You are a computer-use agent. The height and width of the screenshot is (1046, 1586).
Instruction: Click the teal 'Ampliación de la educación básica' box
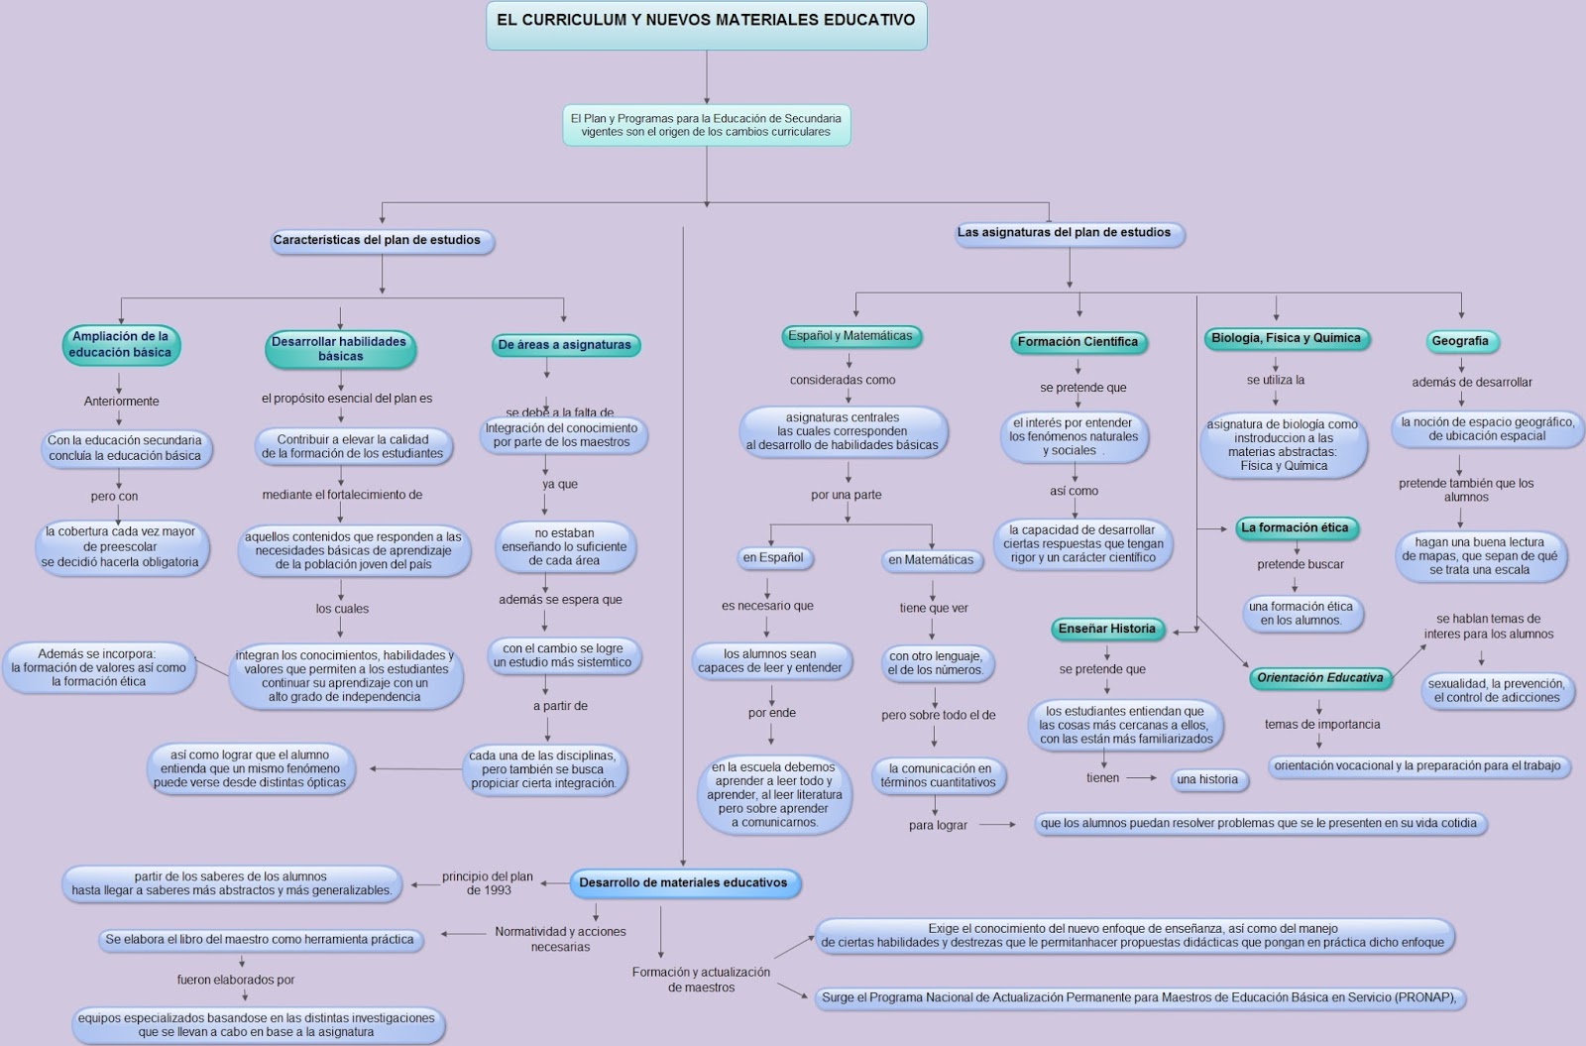point(121,345)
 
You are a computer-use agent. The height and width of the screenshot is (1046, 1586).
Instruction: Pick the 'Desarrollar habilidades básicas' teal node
point(340,349)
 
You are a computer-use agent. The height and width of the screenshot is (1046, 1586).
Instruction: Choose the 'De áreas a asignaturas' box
point(565,345)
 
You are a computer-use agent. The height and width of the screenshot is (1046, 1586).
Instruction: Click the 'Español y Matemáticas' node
point(850,336)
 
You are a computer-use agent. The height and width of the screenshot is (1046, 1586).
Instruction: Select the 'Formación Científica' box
point(1078,342)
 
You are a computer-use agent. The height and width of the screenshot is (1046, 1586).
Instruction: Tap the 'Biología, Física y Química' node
point(1286,339)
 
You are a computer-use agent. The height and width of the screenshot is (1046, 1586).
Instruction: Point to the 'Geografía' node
point(1460,341)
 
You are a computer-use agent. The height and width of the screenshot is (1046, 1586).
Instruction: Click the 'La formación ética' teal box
point(1295,528)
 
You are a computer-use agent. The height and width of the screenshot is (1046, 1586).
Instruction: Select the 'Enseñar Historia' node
point(1107,629)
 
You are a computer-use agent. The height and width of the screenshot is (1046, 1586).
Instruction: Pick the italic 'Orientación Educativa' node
point(1319,678)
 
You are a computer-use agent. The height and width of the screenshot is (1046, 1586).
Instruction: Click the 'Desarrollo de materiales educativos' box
point(684,882)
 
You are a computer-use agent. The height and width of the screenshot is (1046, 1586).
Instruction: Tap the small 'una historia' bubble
point(1207,779)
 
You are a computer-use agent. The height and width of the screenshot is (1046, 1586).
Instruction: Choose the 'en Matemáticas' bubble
point(931,560)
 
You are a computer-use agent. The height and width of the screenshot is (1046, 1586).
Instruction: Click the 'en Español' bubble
point(773,558)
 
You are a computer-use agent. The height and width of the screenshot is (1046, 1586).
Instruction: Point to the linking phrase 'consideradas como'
point(843,380)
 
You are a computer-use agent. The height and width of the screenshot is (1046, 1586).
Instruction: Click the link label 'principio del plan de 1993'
point(488,882)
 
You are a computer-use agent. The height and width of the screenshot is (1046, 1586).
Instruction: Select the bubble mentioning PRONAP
point(1139,998)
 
